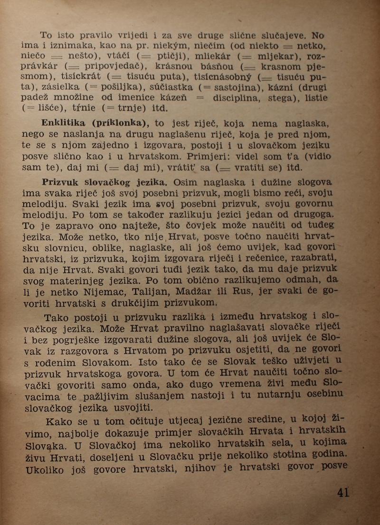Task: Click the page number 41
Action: (343, 492)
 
